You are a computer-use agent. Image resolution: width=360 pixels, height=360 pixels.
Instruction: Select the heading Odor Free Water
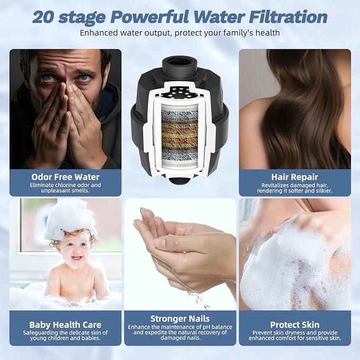[65, 177]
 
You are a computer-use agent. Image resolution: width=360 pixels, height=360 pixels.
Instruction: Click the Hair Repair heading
[295, 177]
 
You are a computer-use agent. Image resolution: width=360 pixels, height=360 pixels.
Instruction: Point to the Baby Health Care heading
[65, 325]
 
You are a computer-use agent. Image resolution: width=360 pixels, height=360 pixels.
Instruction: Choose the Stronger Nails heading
[180, 319]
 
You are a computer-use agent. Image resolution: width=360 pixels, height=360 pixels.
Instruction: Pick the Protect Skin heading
[295, 325]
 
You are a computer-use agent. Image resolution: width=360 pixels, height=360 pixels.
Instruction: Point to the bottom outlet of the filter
[180, 180]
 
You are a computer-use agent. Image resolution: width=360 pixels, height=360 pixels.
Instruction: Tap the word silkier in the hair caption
[323, 191]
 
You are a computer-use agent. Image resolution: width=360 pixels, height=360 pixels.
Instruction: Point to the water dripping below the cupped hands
[199, 299]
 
